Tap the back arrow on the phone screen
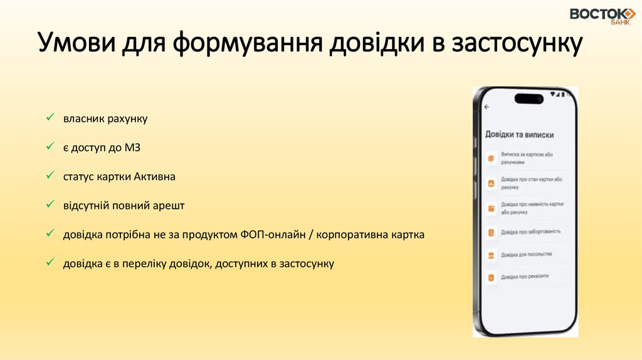(x=487, y=107)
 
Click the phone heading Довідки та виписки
(x=520, y=134)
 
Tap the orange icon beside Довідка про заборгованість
(x=492, y=232)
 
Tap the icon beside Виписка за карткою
(x=492, y=157)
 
